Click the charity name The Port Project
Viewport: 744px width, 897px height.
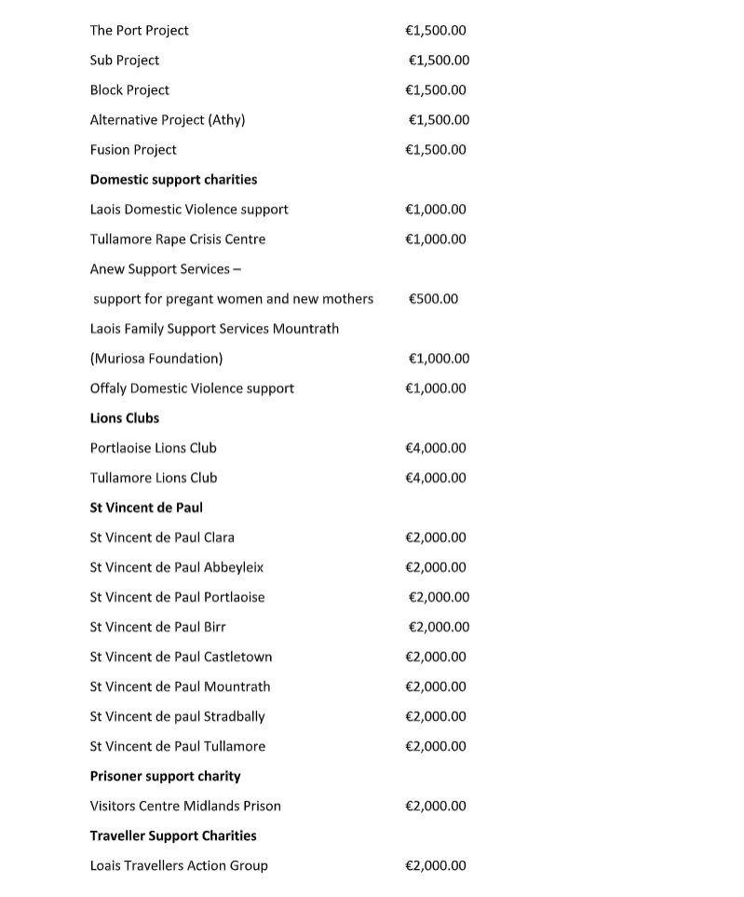(x=139, y=31)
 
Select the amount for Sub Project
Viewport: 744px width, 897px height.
(x=439, y=61)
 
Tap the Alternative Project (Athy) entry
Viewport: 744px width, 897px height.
(x=168, y=120)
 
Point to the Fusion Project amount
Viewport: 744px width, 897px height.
(x=436, y=150)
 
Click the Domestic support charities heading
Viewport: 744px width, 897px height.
(x=173, y=180)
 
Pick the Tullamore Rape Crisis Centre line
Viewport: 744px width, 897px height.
(x=177, y=239)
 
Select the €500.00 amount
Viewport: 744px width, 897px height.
(x=434, y=299)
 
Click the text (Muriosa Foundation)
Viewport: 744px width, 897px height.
(x=156, y=359)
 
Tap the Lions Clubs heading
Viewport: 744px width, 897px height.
(x=125, y=418)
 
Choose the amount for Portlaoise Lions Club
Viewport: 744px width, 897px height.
(x=436, y=448)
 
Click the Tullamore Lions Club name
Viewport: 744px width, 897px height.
(x=154, y=478)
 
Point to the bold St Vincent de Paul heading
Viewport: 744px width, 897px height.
(x=146, y=508)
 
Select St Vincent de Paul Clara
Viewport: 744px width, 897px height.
(x=162, y=537)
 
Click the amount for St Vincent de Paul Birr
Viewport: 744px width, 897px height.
(x=439, y=627)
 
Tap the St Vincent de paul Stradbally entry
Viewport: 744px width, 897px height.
(x=177, y=716)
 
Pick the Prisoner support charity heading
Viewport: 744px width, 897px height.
(x=165, y=776)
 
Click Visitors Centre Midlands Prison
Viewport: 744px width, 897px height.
(x=185, y=806)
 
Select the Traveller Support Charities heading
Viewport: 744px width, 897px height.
(x=173, y=836)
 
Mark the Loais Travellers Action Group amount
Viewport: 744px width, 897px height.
(x=436, y=865)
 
